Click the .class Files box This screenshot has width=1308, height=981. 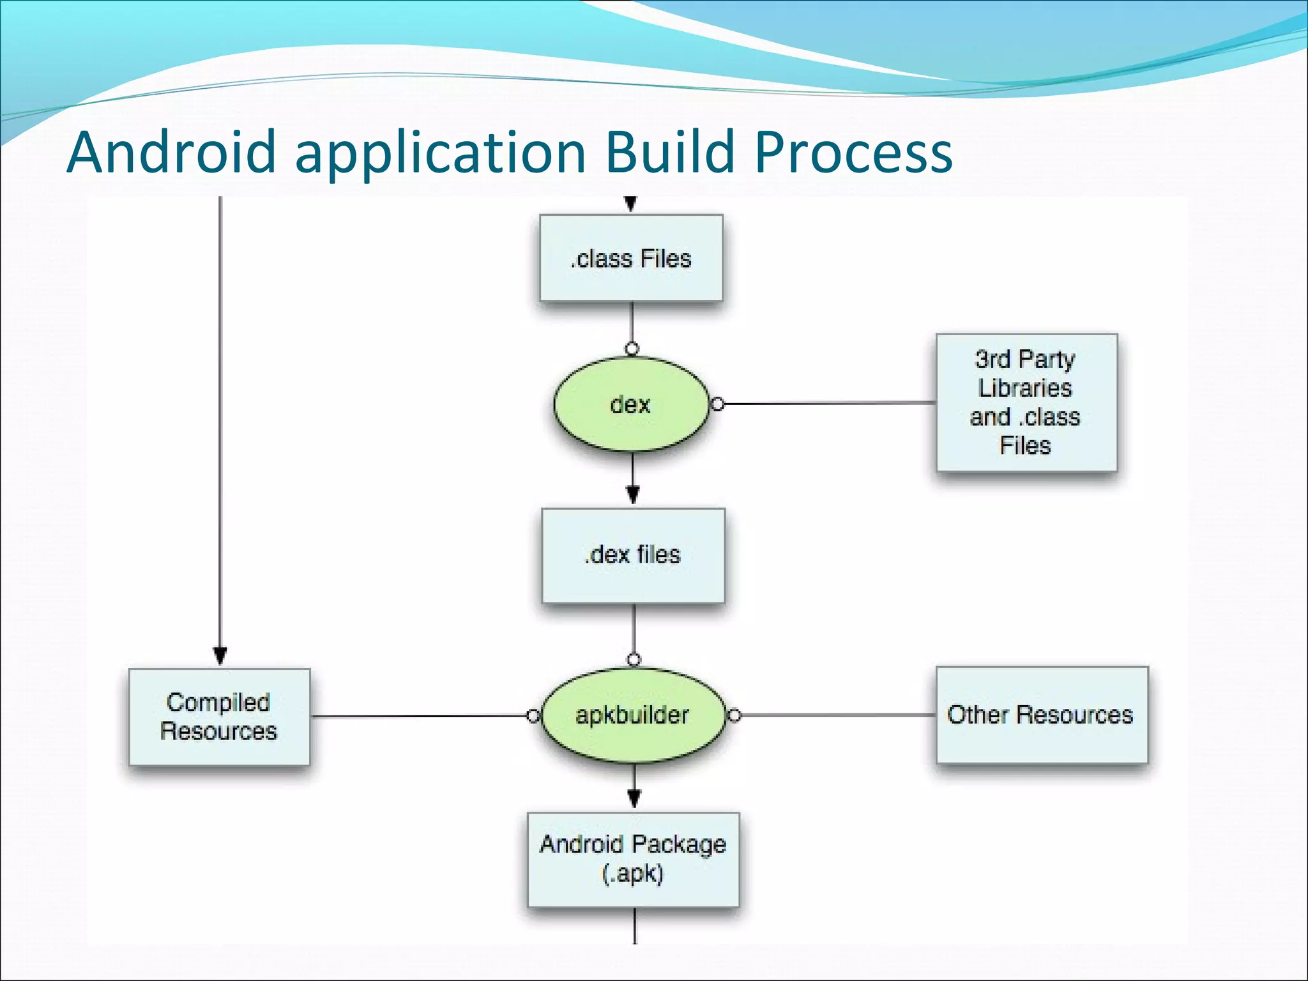631,258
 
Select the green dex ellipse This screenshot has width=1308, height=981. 631,404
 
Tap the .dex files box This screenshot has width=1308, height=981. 633,555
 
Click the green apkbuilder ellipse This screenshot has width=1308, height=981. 633,715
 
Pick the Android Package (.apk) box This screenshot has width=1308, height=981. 633,859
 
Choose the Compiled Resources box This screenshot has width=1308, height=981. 219,717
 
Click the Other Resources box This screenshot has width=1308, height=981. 1041,715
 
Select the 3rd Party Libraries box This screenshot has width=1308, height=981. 1026,402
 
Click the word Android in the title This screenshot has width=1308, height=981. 171,152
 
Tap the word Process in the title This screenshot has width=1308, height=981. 853,152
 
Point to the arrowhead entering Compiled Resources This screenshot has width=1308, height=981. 220,656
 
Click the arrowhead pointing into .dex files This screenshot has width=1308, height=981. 633,494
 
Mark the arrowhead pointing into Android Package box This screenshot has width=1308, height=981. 634,798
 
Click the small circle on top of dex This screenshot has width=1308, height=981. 632,349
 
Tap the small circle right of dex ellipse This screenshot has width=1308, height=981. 718,404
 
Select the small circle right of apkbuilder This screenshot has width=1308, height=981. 734,715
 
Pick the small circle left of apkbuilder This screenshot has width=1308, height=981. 533,716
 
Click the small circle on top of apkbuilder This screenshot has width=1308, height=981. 634,660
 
